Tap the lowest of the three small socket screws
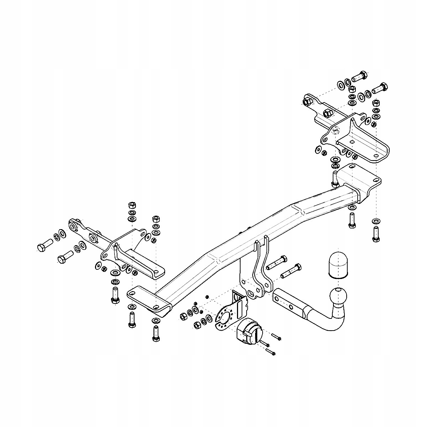point(271,352)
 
